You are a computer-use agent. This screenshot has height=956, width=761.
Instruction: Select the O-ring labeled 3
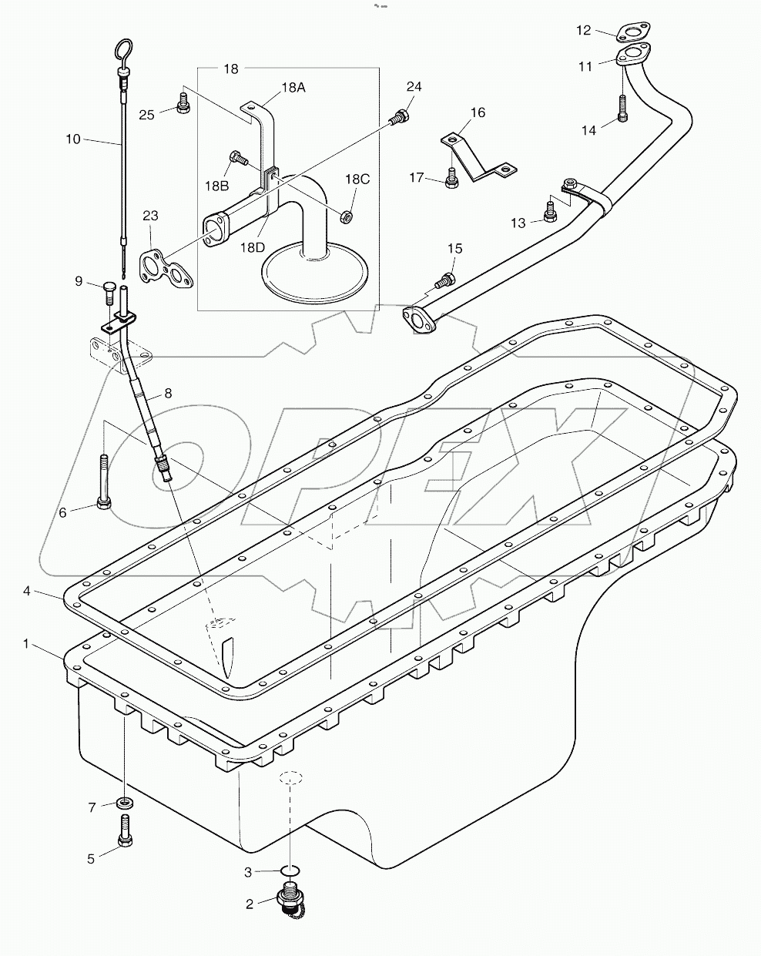coord(288,871)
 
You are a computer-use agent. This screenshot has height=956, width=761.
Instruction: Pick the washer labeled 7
coord(124,804)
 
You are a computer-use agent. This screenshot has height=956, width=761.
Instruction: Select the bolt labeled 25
coord(183,103)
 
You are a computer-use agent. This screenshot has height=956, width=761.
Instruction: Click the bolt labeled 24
coord(399,118)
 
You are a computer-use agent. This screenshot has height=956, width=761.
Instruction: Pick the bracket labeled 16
coord(478,157)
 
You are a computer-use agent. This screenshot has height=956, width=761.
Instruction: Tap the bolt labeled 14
coord(622,109)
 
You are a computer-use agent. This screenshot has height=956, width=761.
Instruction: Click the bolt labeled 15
coord(443,280)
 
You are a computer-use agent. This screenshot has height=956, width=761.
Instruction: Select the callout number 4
coord(27,591)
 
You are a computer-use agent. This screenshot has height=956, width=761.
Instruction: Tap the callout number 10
coord(73,139)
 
